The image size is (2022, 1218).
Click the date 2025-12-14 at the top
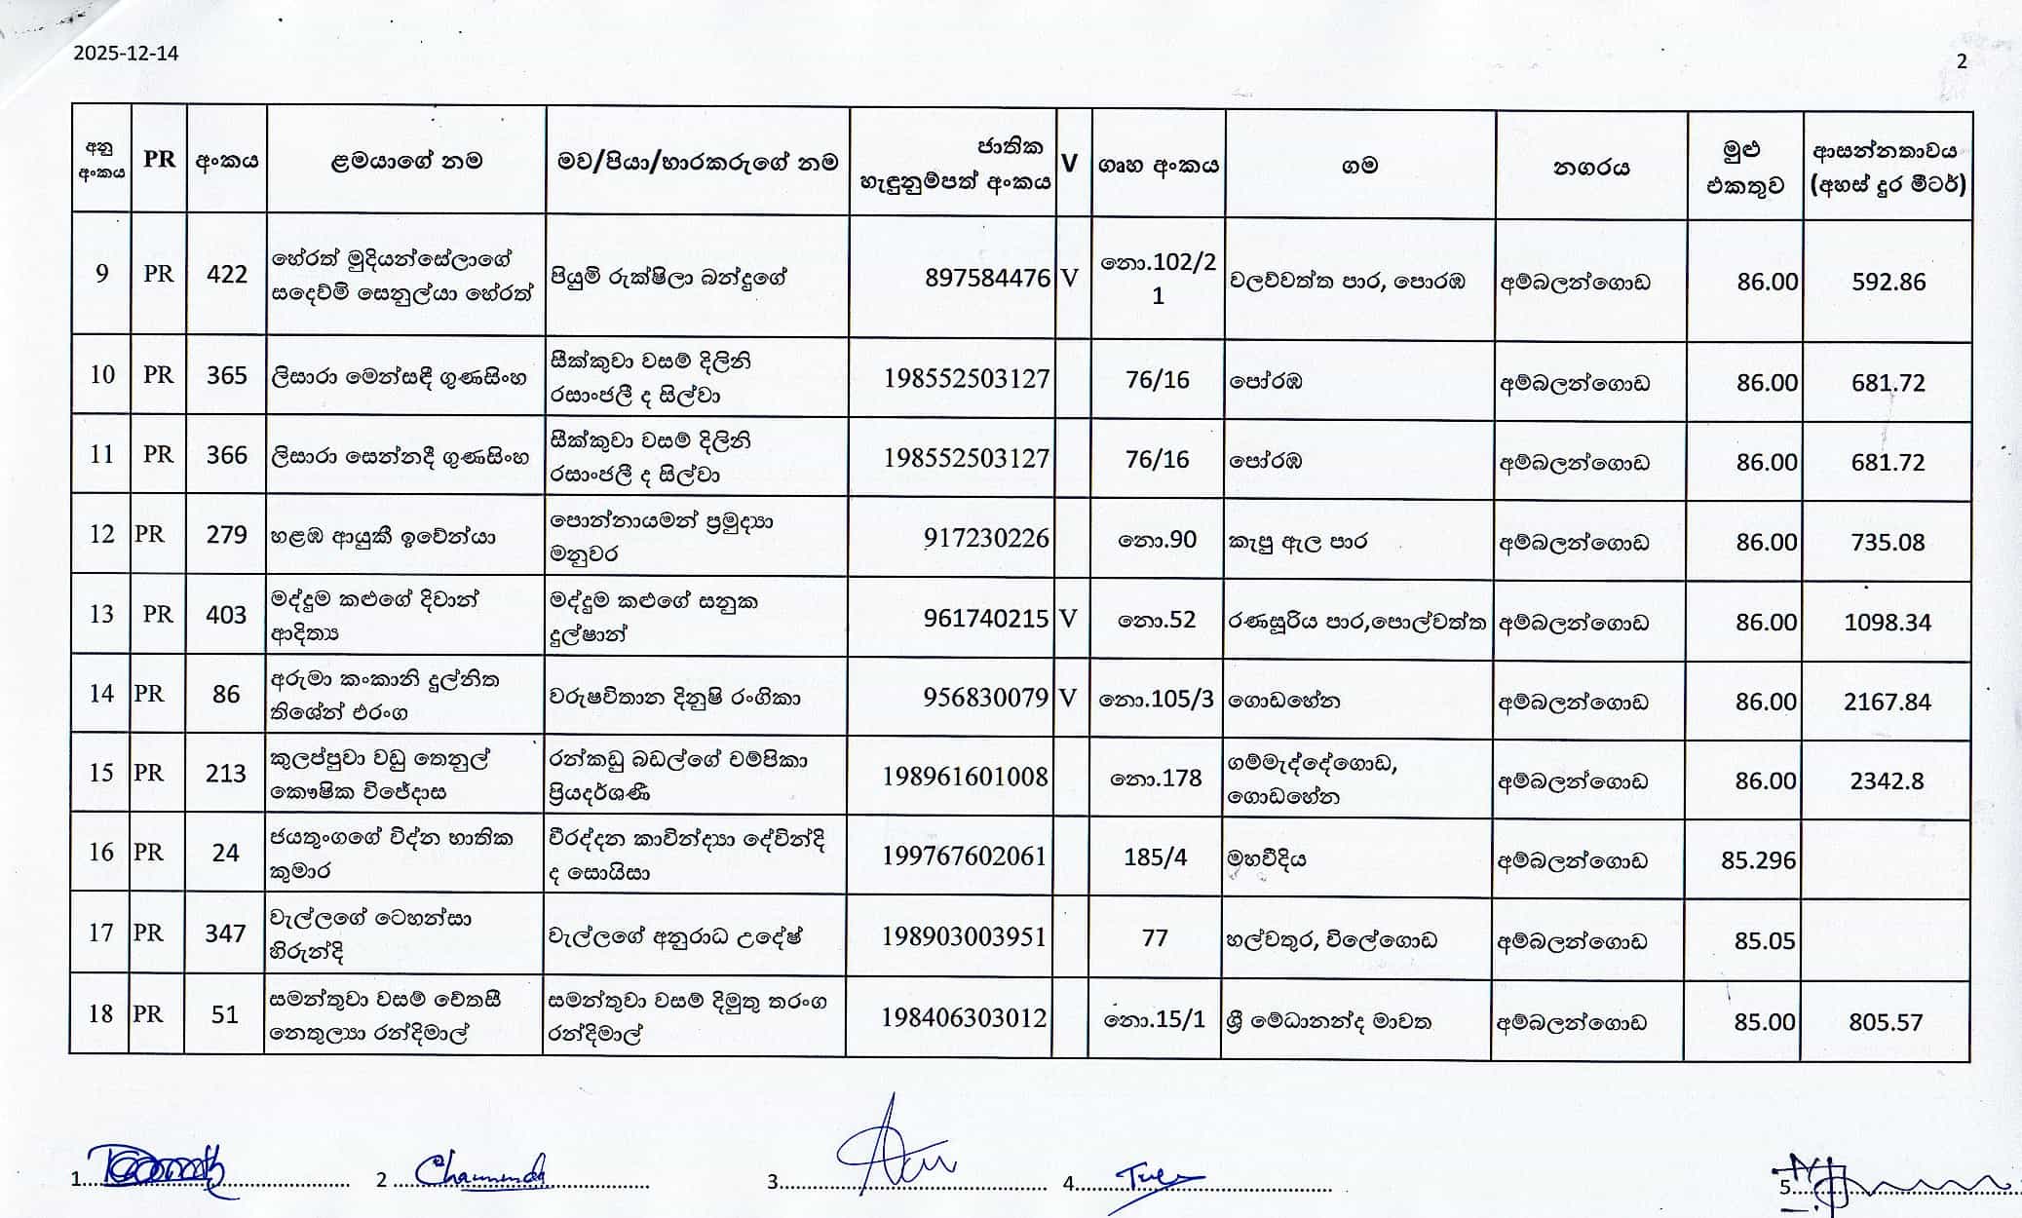click(126, 54)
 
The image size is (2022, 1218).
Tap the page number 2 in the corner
click(1961, 61)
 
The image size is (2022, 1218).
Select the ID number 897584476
click(987, 279)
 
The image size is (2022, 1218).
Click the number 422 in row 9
click(226, 274)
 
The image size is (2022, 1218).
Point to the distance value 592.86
click(1888, 283)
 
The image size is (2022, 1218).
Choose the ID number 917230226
click(986, 538)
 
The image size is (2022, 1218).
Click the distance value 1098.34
click(1887, 622)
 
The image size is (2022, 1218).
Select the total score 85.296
click(1757, 860)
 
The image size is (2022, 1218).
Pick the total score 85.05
click(1764, 941)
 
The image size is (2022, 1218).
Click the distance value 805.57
click(1885, 1022)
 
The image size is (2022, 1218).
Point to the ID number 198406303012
click(964, 1018)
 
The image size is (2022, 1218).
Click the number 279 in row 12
click(226, 535)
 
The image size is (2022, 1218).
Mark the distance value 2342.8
click(1886, 781)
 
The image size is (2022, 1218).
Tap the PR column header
click(159, 160)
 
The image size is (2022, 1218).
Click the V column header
click(1069, 164)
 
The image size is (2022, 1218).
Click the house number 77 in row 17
click(1154, 938)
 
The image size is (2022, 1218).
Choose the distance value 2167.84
click(1887, 702)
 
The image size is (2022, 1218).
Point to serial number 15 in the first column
click(101, 774)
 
